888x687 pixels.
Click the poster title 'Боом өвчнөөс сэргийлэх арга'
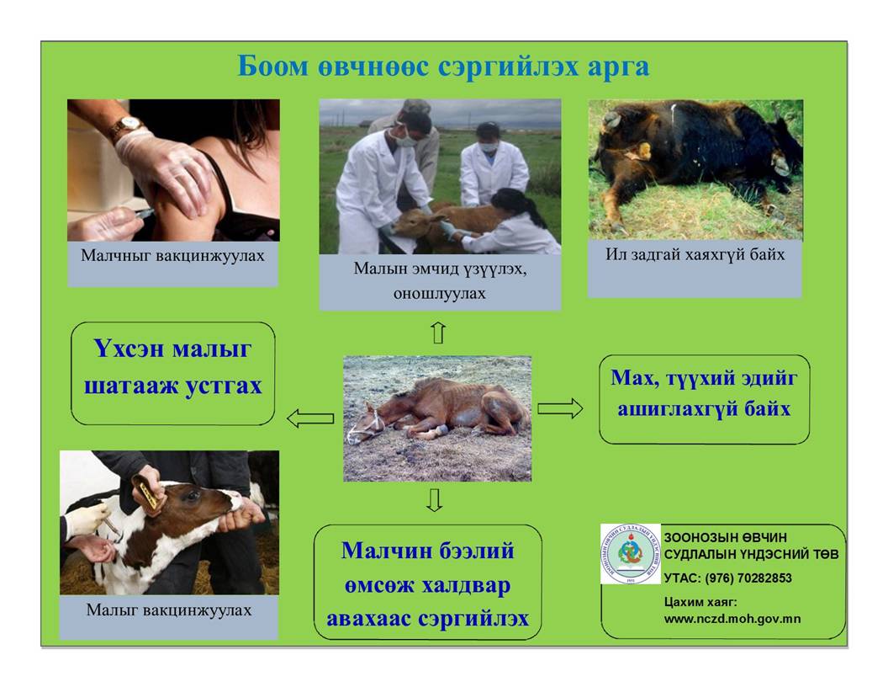coord(443,67)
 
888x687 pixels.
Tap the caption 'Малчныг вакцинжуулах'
coord(172,256)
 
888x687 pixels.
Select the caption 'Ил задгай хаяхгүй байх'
coord(695,254)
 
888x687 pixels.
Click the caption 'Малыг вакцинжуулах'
coord(169,610)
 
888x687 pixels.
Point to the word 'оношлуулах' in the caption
coord(440,293)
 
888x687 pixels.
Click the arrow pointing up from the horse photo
coord(438,333)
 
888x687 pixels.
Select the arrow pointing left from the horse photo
coord(310,419)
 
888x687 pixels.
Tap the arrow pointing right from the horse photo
coord(560,408)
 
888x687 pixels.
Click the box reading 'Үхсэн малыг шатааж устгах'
coord(172,374)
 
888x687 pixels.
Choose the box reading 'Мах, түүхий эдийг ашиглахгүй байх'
coord(704,400)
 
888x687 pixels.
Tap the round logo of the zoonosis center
coord(631,554)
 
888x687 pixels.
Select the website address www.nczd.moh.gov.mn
coord(732,619)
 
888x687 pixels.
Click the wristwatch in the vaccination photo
coord(129,125)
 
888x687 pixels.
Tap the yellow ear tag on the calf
coord(146,490)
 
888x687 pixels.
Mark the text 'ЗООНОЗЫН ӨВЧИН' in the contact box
coord(726,537)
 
